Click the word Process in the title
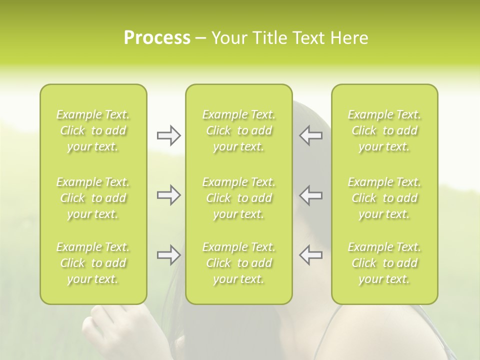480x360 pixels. [157, 38]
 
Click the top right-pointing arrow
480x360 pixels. [168, 135]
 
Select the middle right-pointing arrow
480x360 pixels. [168, 195]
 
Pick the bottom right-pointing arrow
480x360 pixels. [168, 255]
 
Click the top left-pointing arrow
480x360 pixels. [311, 135]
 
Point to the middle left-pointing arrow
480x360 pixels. [311, 195]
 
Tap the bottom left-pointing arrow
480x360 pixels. [311, 255]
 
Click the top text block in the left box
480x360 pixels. [93, 130]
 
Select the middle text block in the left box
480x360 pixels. [93, 198]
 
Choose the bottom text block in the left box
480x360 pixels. [93, 263]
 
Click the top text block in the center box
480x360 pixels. [238, 130]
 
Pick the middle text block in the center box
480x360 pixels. [238, 198]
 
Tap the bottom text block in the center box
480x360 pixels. [238, 263]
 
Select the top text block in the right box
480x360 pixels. [384, 130]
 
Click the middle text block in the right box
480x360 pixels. [384, 198]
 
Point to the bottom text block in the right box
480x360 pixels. [384, 263]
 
